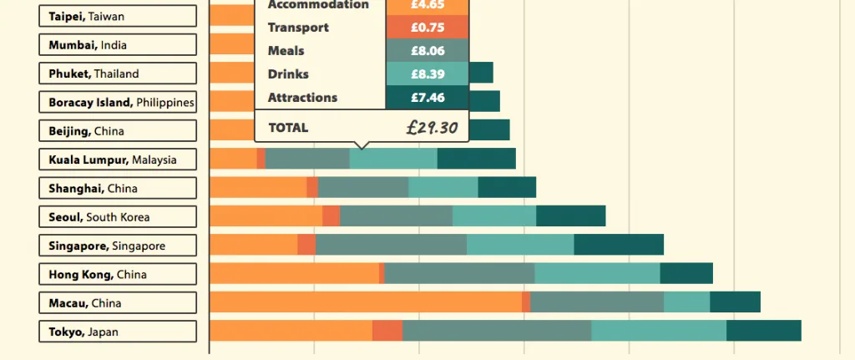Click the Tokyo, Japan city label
(118, 332)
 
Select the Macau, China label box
(118, 302)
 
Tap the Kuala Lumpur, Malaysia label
(118, 160)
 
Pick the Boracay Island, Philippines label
(118, 102)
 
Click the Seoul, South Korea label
(118, 217)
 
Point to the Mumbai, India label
(118, 45)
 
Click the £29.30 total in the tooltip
(433, 128)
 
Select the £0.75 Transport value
(427, 28)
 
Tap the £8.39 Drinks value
(427, 74)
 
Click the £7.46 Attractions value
(427, 98)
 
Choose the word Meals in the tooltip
(286, 51)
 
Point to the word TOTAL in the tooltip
(288, 128)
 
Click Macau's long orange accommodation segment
(365, 302)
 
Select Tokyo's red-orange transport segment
(387, 331)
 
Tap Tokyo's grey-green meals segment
(497, 331)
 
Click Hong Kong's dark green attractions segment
(686, 274)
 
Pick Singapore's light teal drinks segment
(520, 245)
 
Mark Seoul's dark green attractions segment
(570, 216)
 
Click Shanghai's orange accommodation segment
(258, 187)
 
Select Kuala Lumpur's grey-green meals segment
(307, 159)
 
